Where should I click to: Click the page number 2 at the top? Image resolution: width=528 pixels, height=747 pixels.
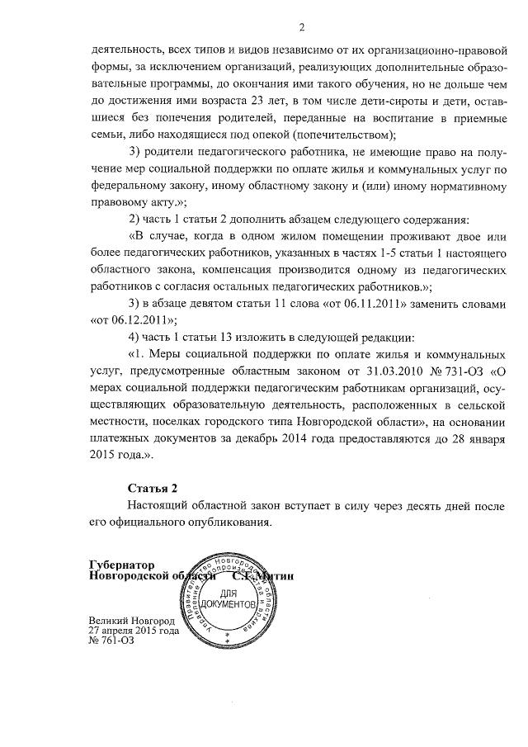pos(302,28)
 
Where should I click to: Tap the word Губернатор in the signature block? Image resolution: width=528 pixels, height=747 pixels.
pos(123,565)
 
